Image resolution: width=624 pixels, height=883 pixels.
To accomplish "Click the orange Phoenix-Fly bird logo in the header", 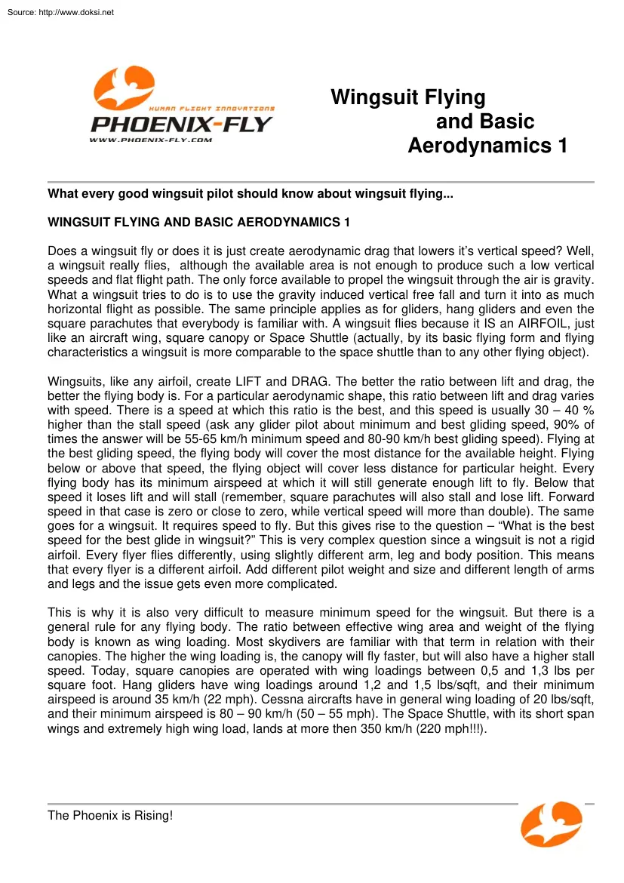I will pos(124,85).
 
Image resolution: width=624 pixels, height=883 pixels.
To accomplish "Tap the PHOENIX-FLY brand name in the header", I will pos(181,125).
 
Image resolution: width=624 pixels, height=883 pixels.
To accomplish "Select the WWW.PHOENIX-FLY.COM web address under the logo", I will pos(151,140).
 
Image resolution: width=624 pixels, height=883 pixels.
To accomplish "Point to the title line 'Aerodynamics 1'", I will pos(487,146).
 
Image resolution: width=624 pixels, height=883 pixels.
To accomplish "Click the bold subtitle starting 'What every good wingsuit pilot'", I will pos(250,194).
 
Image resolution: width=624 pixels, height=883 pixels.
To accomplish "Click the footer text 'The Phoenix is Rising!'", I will pos(110,816).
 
